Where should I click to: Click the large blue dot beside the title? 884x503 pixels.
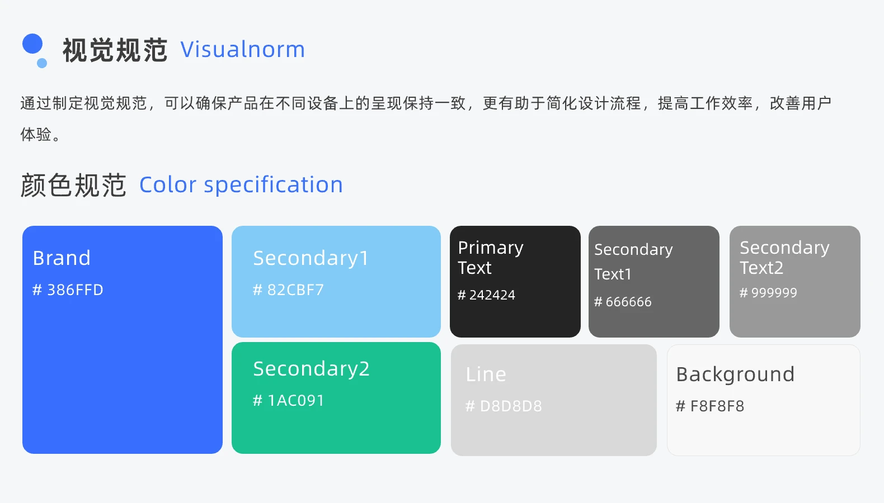(x=32, y=44)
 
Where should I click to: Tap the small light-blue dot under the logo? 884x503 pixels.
(x=42, y=63)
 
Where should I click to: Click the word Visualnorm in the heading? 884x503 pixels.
(x=242, y=50)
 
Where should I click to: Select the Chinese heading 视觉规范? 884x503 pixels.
(x=115, y=50)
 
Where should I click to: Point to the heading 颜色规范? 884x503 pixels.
(x=73, y=185)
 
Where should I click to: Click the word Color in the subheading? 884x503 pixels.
(x=168, y=185)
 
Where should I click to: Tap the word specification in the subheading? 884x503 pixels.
(x=273, y=185)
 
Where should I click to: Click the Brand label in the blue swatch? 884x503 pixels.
(x=62, y=258)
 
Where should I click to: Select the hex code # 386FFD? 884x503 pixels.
(x=68, y=290)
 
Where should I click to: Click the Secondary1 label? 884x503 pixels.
(x=311, y=258)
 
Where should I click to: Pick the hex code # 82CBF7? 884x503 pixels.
(x=288, y=290)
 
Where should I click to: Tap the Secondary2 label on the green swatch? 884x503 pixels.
(x=311, y=369)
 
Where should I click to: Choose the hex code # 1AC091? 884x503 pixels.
(x=288, y=401)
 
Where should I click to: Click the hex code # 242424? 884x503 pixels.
(x=486, y=295)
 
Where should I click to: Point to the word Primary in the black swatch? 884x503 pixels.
(x=491, y=248)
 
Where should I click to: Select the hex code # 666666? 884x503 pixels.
(x=623, y=302)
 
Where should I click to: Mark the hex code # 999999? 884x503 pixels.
(x=768, y=293)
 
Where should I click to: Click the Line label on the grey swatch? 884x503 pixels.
(x=486, y=374)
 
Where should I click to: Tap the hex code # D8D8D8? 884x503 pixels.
(x=504, y=406)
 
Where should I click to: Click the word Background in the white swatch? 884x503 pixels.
(x=735, y=374)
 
